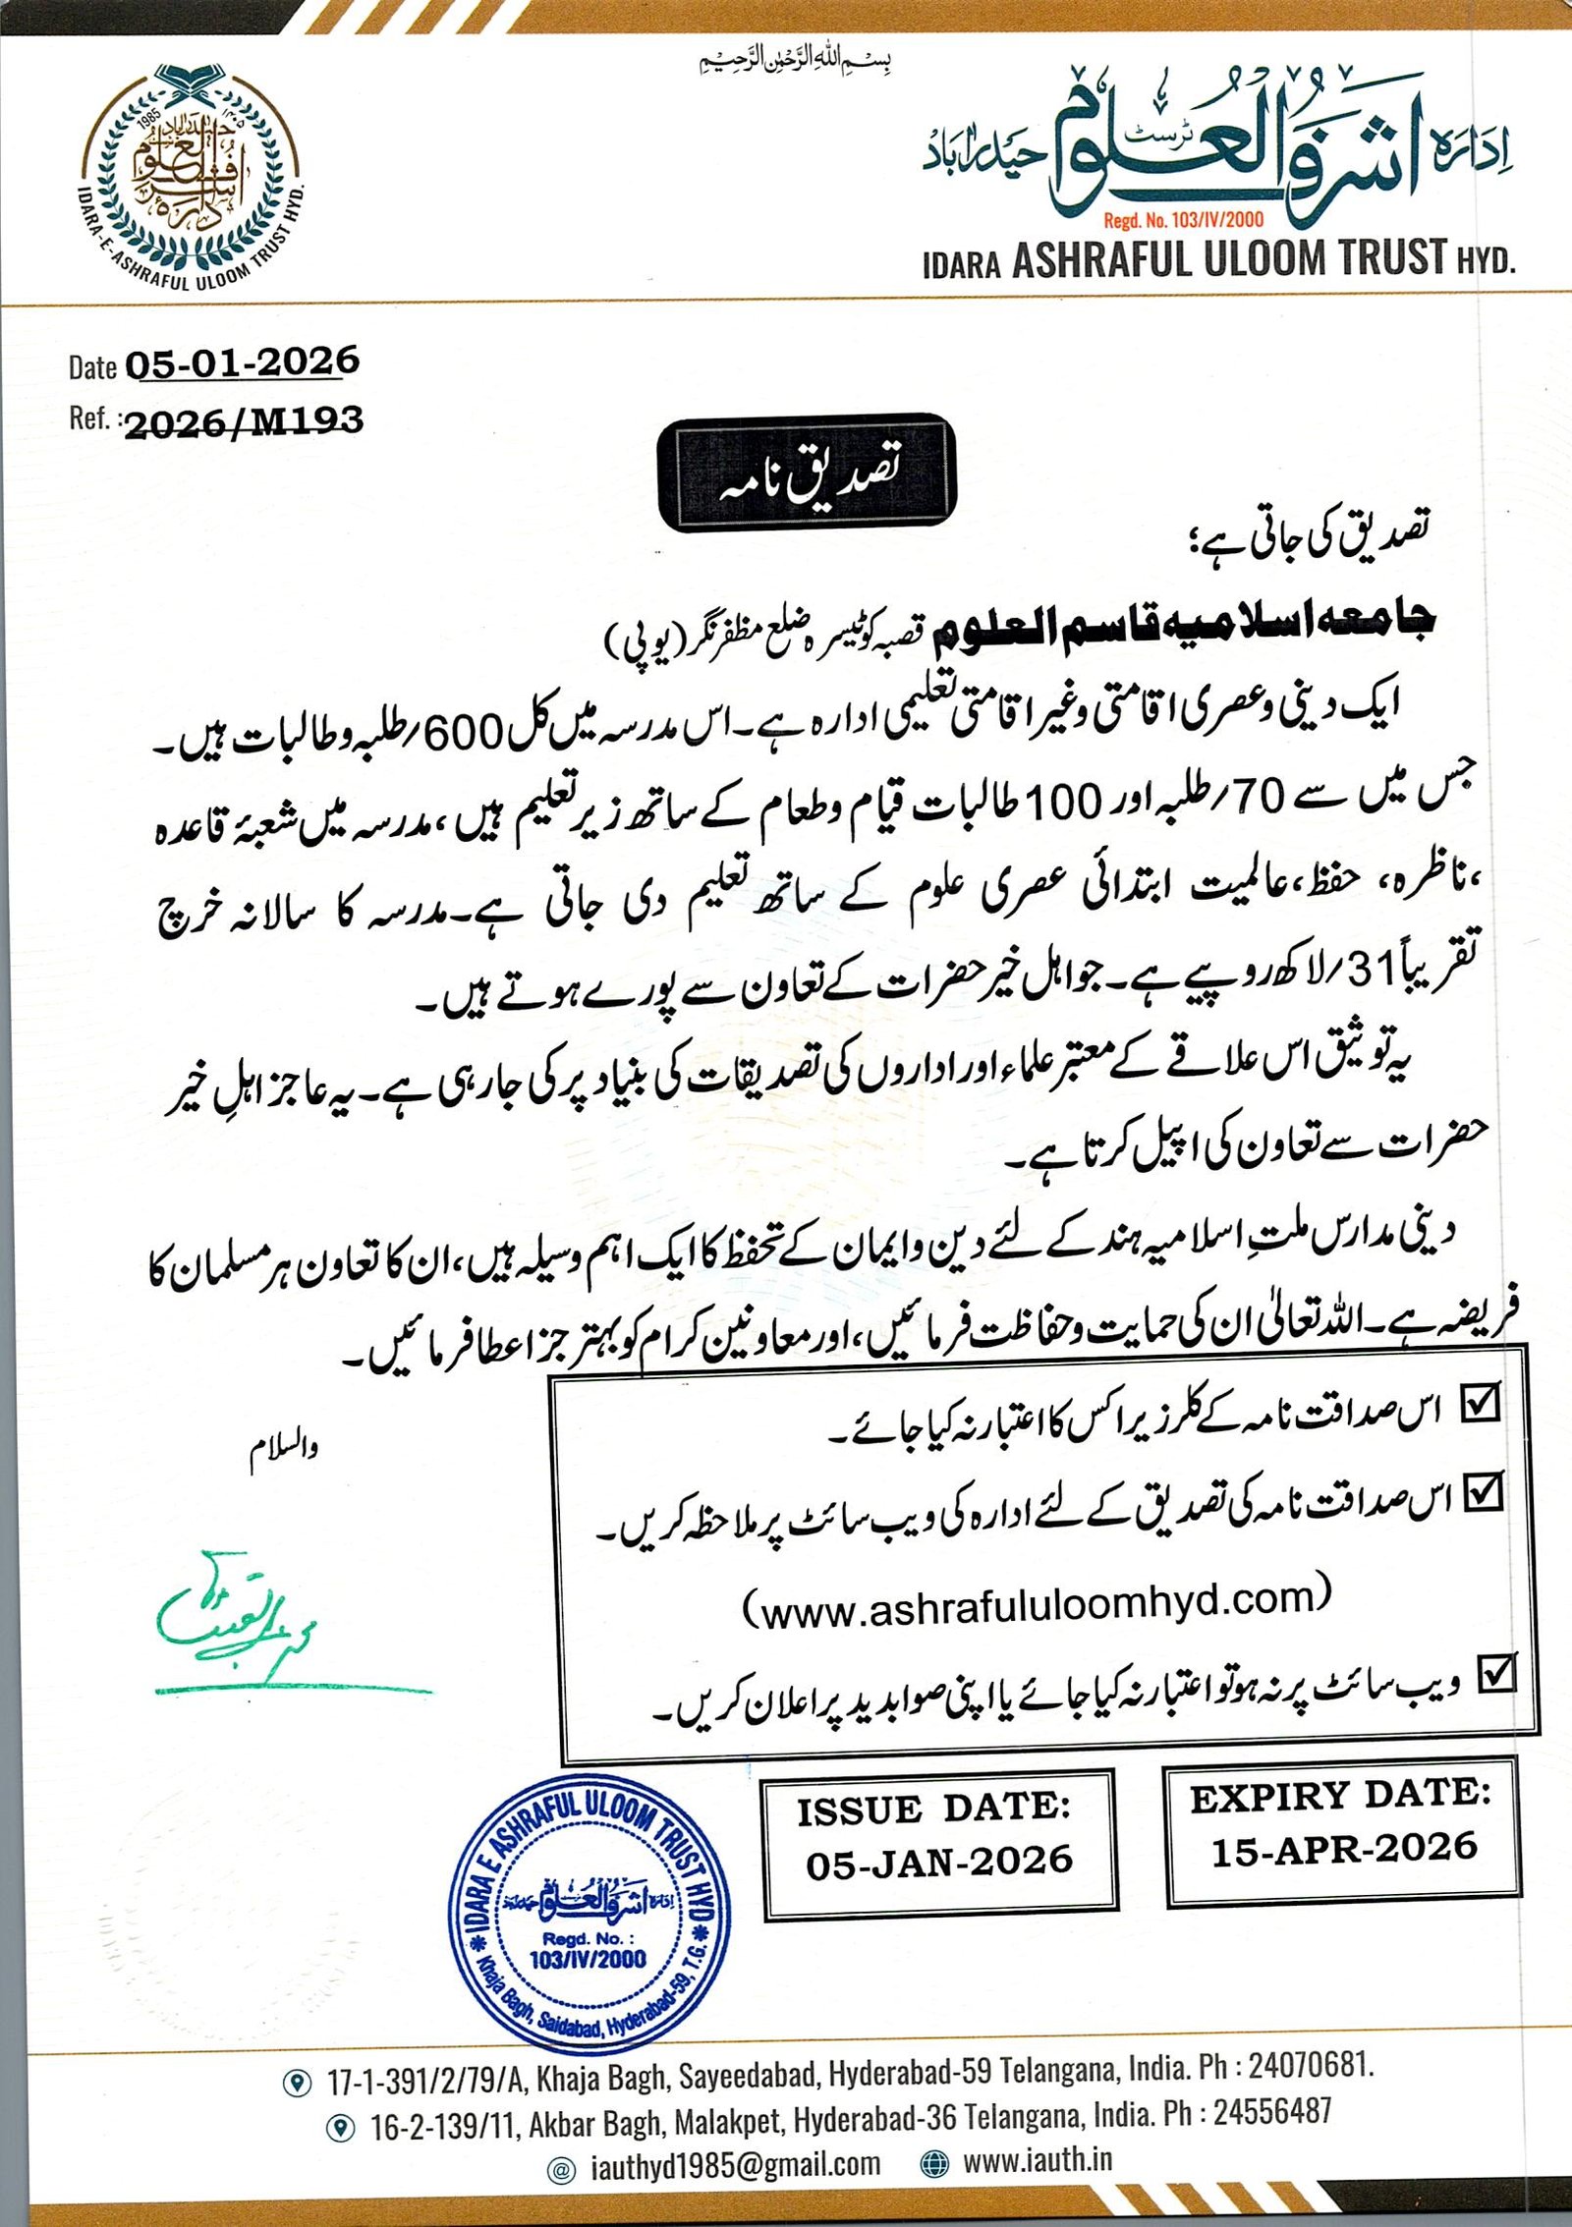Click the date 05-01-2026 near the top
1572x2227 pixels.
pos(242,363)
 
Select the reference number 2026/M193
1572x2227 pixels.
pos(244,421)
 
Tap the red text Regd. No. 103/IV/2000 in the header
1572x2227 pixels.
pos(1183,220)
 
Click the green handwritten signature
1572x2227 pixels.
pos(236,1616)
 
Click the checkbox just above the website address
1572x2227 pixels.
pos(1483,1493)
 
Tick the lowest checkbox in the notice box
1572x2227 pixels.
pos(1497,1673)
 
